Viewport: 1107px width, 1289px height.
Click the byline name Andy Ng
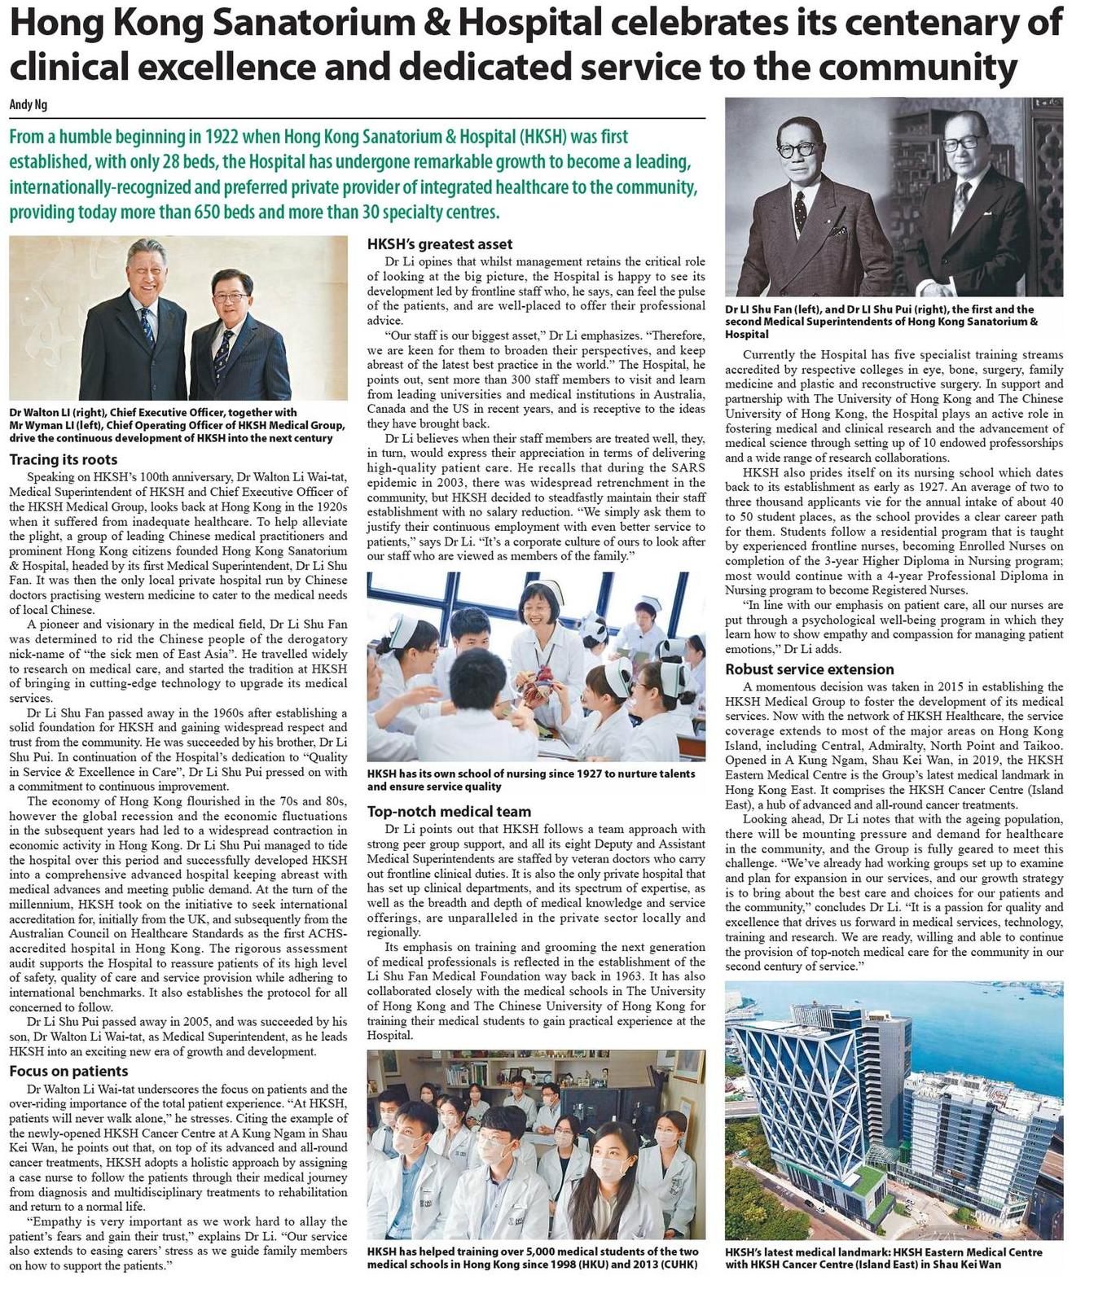pos(29,105)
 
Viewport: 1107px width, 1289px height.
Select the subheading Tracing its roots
pos(64,459)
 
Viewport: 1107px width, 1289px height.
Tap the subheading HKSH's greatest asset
pos(440,243)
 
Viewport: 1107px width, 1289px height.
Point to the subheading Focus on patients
pos(68,1071)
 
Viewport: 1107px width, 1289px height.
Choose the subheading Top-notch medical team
pos(449,811)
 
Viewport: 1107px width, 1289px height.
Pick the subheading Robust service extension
pos(810,669)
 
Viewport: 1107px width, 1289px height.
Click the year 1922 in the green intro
pos(221,137)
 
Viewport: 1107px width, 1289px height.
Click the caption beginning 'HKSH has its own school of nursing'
pos(530,779)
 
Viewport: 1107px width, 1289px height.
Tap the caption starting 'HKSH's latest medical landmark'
pos(883,1257)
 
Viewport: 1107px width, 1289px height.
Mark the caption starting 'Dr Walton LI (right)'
pos(177,425)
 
